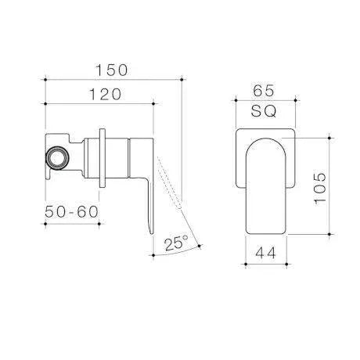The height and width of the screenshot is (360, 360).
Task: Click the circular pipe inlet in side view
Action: [x=56, y=157]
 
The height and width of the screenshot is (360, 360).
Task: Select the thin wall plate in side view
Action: [x=103, y=157]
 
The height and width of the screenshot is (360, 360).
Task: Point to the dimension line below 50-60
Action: [x=72, y=223]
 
